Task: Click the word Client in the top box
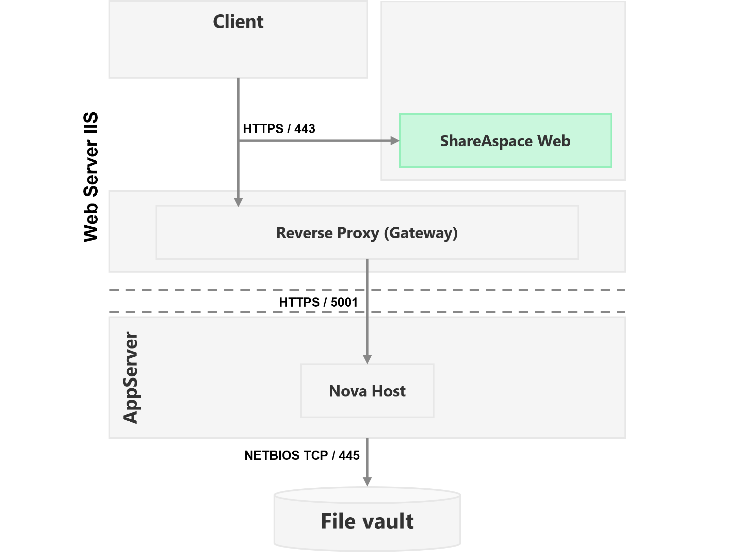[238, 22]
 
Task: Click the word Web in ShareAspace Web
[554, 141]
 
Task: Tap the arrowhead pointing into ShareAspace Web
[395, 141]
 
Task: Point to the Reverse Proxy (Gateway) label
[367, 233]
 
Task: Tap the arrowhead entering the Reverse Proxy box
[238, 202]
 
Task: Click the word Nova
[348, 391]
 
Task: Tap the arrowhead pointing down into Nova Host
[367, 359]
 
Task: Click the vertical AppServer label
[131, 378]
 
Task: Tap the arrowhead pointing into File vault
[367, 482]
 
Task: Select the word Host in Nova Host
[389, 391]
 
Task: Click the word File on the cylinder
[338, 521]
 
